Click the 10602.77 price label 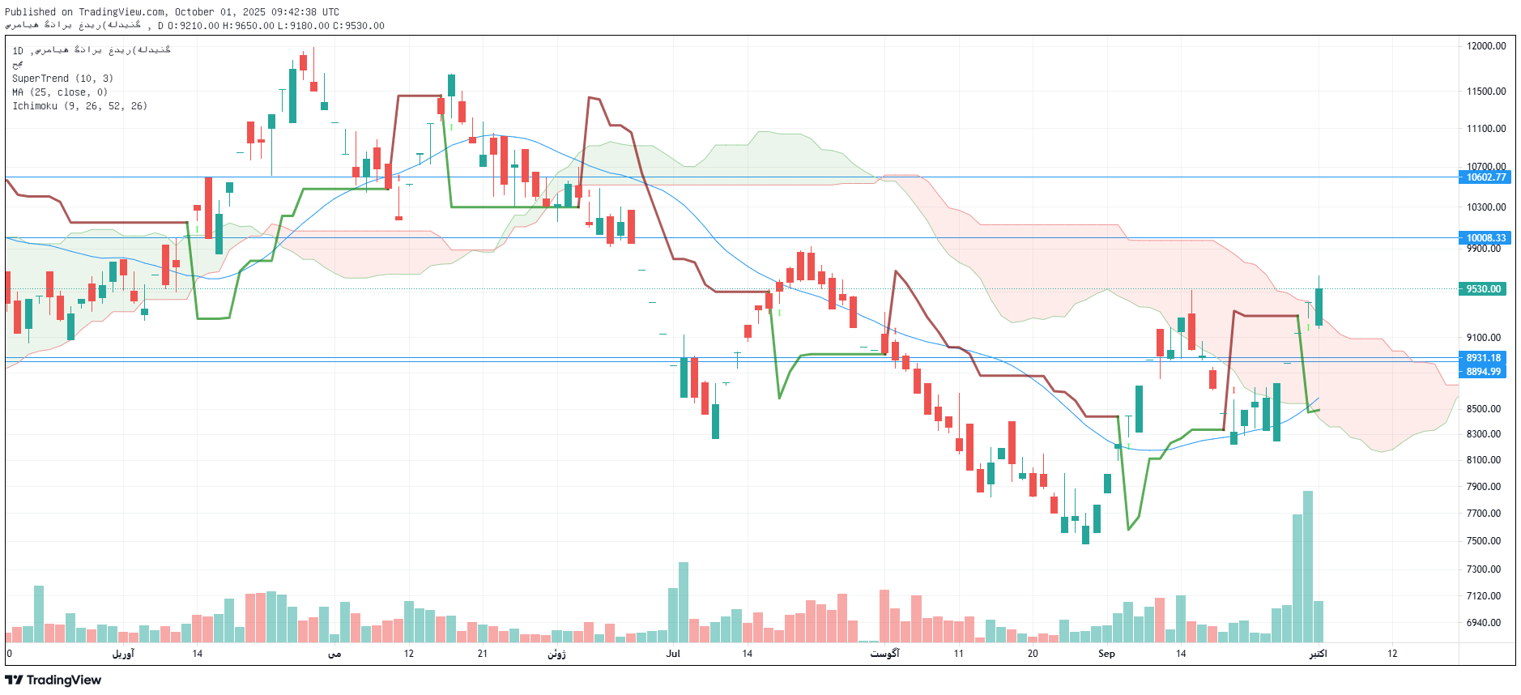click(1485, 177)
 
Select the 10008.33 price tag click(1485, 238)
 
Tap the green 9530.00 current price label click(1482, 289)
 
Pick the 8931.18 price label click(1483, 358)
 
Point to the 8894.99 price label click(1483, 372)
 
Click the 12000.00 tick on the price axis click(1486, 46)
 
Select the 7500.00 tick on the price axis click(1484, 541)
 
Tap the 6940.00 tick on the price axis click(1484, 623)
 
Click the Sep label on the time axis click(1106, 654)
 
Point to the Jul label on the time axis click(673, 654)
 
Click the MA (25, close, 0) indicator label click(60, 92)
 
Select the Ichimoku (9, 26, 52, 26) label click(79, 106)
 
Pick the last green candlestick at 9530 click(1319, 308)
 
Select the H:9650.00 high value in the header click(249, 26)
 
